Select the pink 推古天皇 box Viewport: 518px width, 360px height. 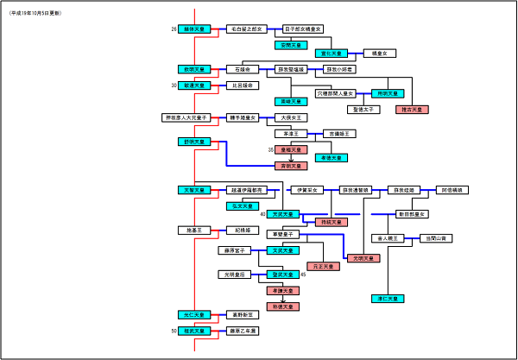point(412,111)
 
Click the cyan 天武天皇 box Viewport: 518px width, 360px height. point(283,213)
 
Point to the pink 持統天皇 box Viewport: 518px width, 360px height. point(331,222)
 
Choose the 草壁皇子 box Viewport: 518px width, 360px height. point(283,235)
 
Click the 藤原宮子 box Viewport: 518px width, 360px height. point(234,250)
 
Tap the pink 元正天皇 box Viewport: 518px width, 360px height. point(324,266)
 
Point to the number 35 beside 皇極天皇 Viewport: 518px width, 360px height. point(270,149)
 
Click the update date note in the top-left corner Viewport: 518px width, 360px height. point(36,15)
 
